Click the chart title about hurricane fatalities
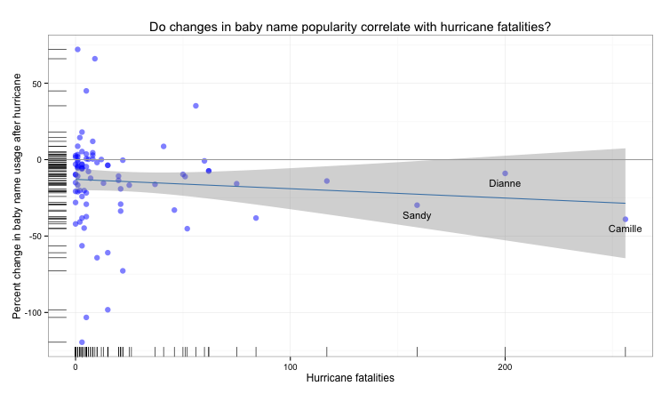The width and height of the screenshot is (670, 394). (349, 27)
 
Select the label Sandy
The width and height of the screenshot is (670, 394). (417, 215)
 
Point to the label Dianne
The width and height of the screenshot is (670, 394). (505, 183)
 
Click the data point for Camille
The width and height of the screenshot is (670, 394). (626, 219)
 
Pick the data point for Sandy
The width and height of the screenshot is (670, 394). (417, 205)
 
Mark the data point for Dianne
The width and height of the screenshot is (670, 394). (505, 173)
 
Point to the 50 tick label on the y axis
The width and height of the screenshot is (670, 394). (36, 84)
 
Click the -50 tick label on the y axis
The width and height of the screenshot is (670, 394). (35, 237)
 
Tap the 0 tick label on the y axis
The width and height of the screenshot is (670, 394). (40, 160)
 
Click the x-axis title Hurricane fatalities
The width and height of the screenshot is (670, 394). (349, 379)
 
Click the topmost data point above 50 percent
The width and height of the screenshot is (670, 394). (77, 50)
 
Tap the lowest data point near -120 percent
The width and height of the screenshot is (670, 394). (82, 342)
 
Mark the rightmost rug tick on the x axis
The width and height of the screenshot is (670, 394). (626, 351)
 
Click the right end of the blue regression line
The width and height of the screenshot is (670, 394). (626, 204)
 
